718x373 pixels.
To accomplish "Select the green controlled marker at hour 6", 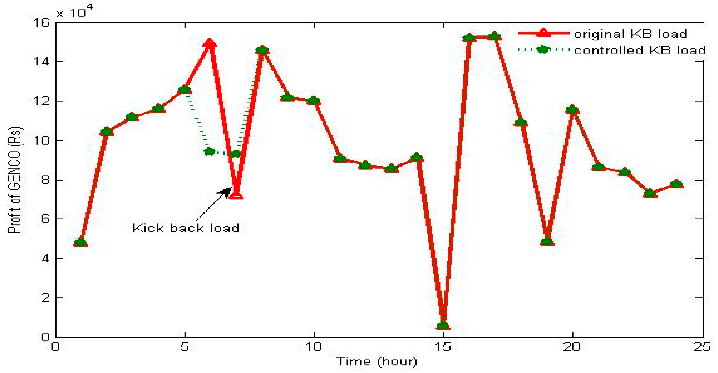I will point(209,152).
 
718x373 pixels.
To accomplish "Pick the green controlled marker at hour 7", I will point(236,154).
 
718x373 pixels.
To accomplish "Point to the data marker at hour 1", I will point(81,242).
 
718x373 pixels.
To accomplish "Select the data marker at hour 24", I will point(676,184).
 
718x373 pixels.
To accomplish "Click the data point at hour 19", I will point(547,242).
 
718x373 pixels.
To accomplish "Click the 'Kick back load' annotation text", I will point(186,228).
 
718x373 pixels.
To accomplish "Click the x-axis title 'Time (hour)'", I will point(377,361).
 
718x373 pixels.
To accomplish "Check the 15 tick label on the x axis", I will point(443,347).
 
